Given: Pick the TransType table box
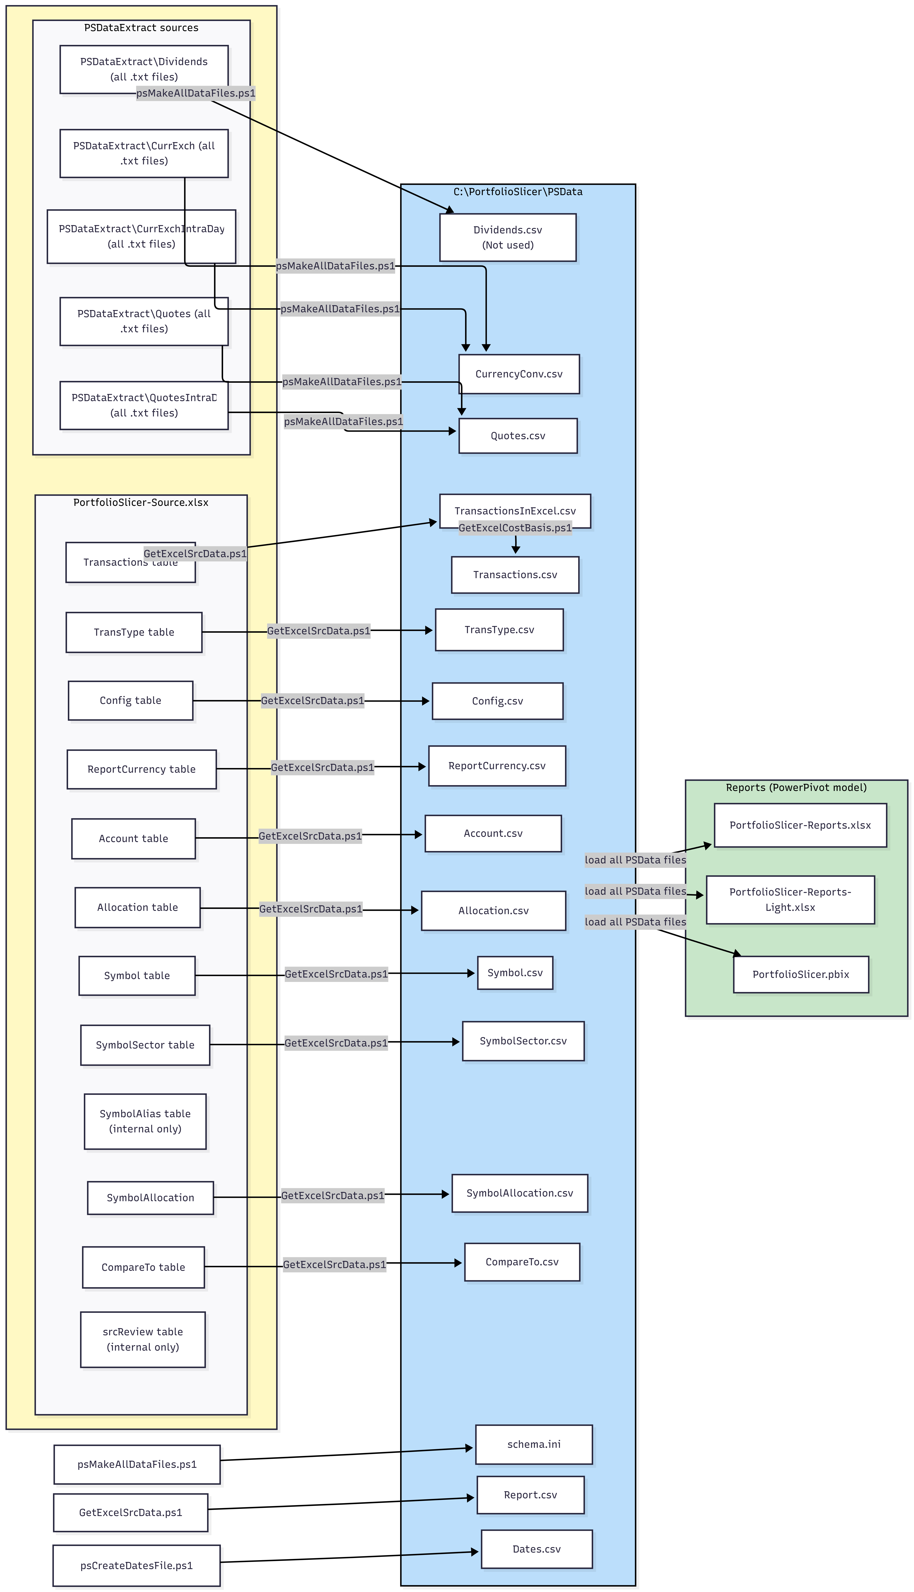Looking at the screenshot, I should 134,632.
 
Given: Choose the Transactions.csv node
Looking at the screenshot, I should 515,575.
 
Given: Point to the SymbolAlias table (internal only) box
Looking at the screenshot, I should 145,1122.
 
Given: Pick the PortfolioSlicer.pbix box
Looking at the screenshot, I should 800,974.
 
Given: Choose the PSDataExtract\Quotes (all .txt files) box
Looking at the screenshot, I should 144,321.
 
